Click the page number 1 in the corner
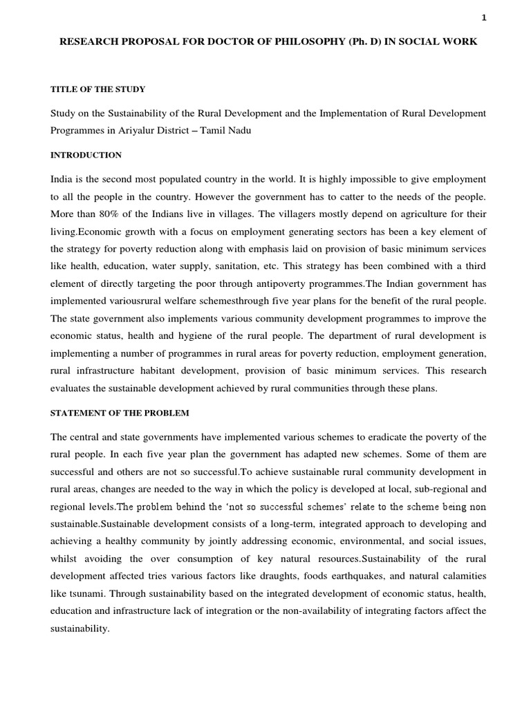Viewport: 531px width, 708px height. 484,19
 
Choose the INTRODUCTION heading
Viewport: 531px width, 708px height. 86,155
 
